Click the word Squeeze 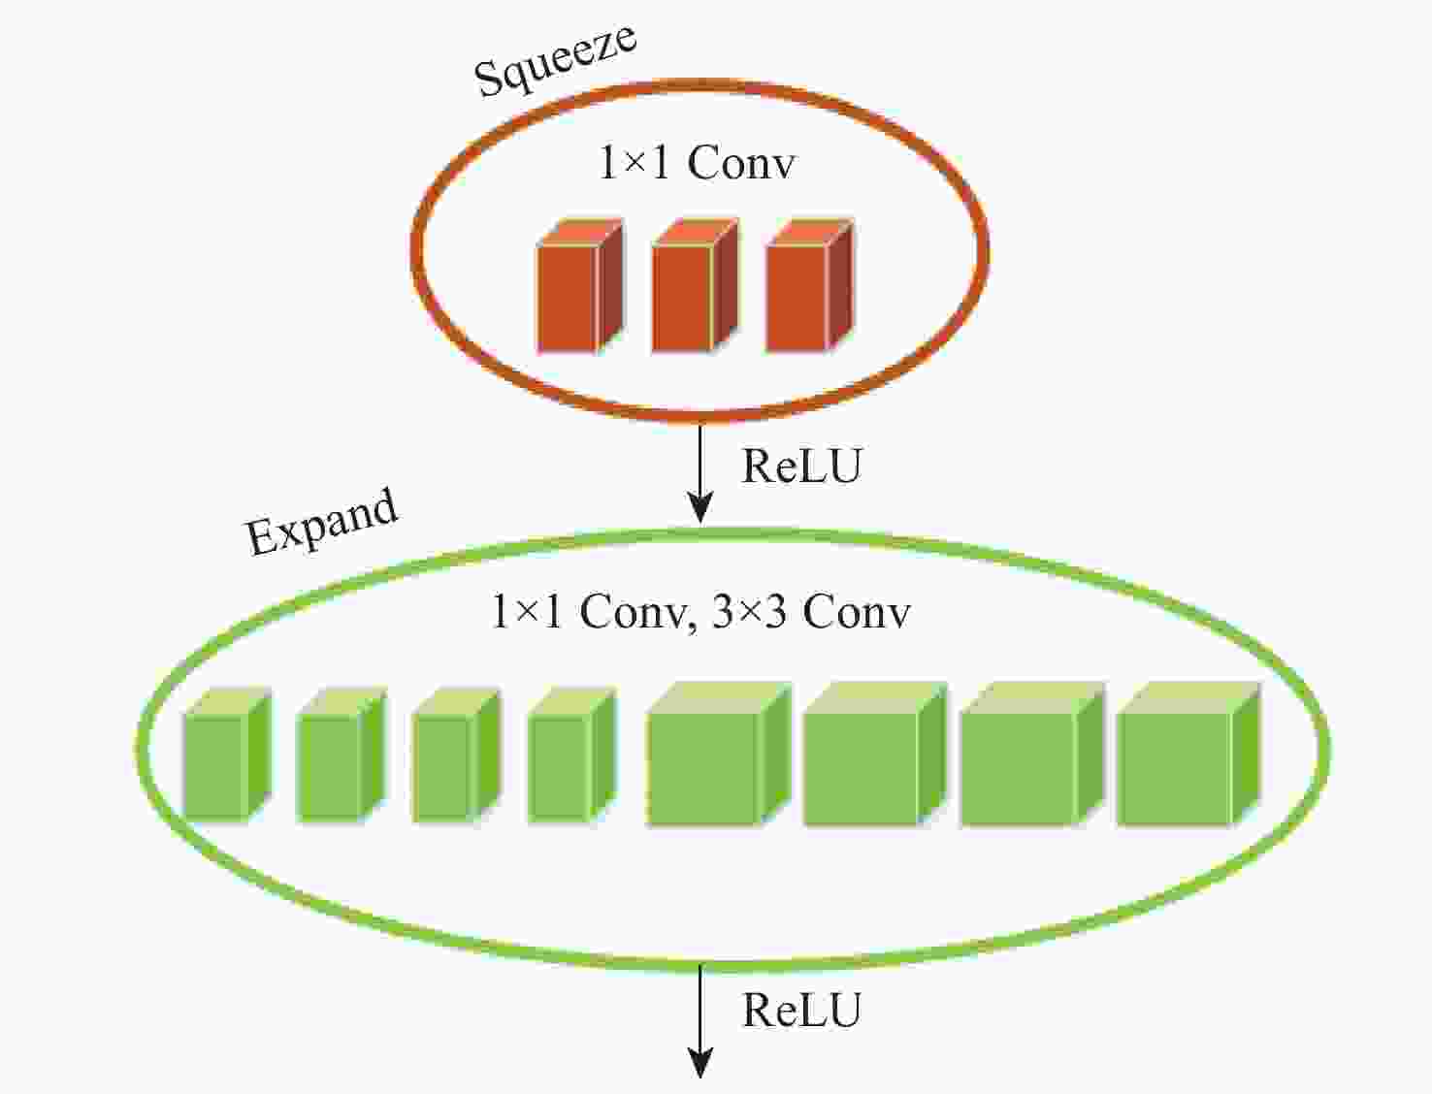555,60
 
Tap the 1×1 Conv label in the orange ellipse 697,162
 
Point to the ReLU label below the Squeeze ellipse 801,467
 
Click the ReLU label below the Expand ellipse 801,1011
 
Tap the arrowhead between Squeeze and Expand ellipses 700,507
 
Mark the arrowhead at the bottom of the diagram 700,1063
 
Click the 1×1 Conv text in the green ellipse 588,612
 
